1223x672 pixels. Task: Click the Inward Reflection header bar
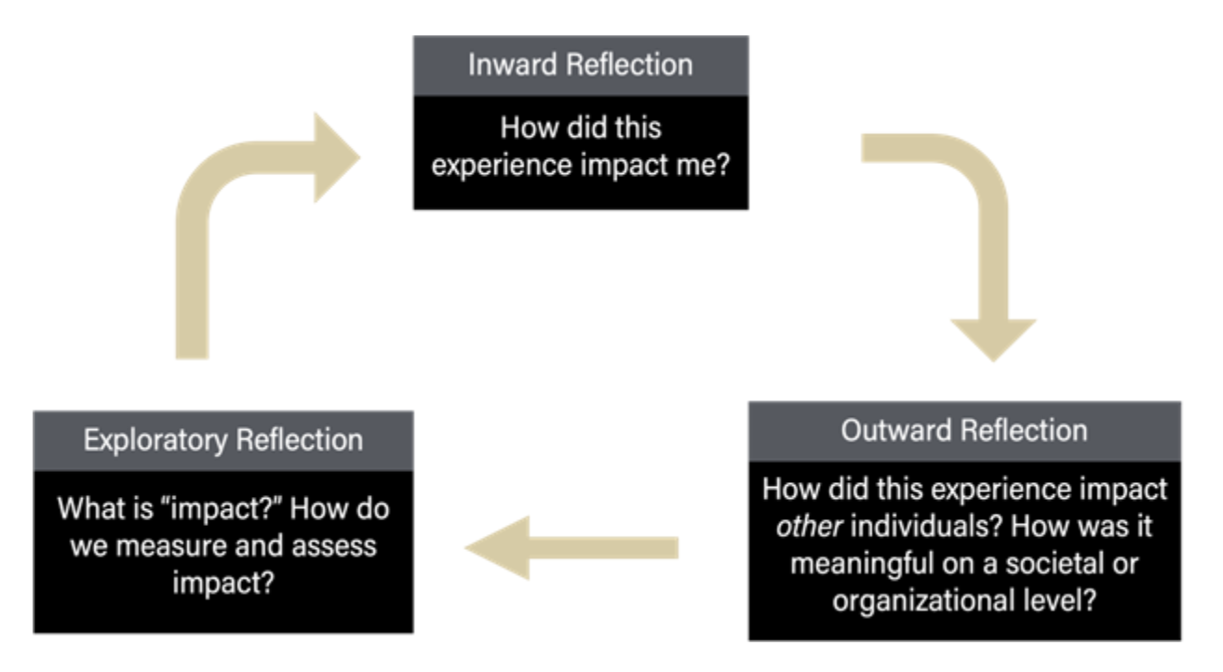(580, 65)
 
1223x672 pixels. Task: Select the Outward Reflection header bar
(963, 431)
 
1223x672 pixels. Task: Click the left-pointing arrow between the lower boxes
(571, 547)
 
